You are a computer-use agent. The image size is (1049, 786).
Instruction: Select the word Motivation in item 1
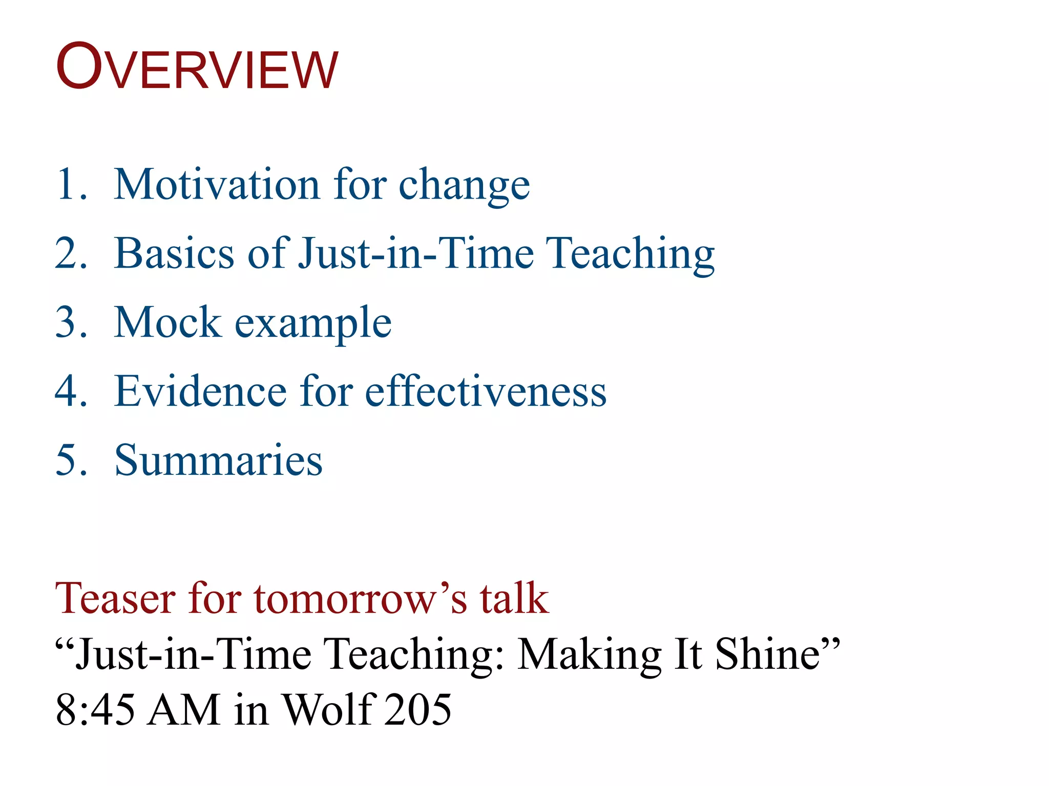pos(217,184)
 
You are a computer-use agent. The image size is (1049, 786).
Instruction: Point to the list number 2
pos(70,253)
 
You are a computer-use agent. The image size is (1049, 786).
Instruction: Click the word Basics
pos(174,253)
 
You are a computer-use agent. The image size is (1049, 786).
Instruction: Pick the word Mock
pos(168,322)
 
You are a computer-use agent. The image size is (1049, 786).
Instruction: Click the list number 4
pos(70,391)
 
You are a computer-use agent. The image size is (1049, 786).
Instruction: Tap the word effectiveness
pos(486,391)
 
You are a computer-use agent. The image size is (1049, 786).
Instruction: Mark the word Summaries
pos(218,460)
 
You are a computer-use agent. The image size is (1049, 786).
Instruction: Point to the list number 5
pos(70,460)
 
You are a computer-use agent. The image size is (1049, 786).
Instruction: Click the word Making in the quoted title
pos(589,655)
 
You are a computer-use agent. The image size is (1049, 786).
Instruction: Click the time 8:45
pos(95,710)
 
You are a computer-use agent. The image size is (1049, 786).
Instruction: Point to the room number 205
pos(418,710)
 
